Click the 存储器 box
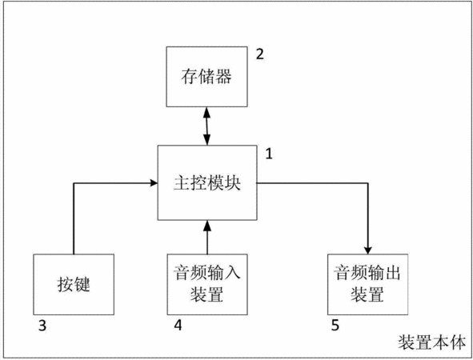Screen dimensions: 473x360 (x=207, y=77)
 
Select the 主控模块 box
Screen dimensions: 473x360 (x=207, y=182)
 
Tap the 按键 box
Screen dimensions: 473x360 (x=74, y=284)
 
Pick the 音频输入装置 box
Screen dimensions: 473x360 (x=207, y=284)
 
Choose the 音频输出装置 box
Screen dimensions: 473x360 (x=367, y=284)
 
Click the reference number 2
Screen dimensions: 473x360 (x=260, y=54)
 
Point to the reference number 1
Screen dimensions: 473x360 (x=269, y=154)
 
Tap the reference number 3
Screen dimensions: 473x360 (x=42, y=326)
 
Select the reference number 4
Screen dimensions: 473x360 (x=178, y=325)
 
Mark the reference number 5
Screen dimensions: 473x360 (x=335, y=325)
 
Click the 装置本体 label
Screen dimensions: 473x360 (x=432, y=342)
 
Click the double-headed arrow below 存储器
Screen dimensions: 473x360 (x=207, y=126)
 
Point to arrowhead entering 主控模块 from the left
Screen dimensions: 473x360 (x=154, y=182)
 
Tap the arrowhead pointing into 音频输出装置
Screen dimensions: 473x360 (x=367, y=250)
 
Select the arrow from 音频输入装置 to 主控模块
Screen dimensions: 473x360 (x=207, y=237)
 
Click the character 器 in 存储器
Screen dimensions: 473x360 (x=223, y=76)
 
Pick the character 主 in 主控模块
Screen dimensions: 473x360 (x=182, y=182)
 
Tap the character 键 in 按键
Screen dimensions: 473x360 (x=82, y=284)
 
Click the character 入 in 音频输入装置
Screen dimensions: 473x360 (x=232, y=272)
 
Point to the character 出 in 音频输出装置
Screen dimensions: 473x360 (x=392, y=272)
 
